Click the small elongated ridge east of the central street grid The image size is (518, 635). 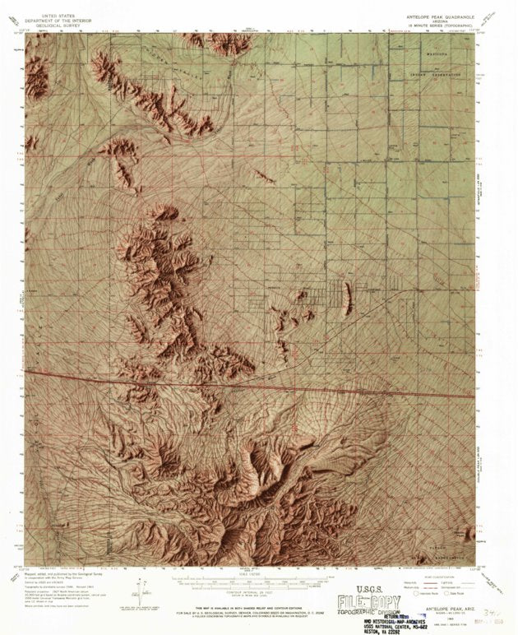click(x=346, y=297)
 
